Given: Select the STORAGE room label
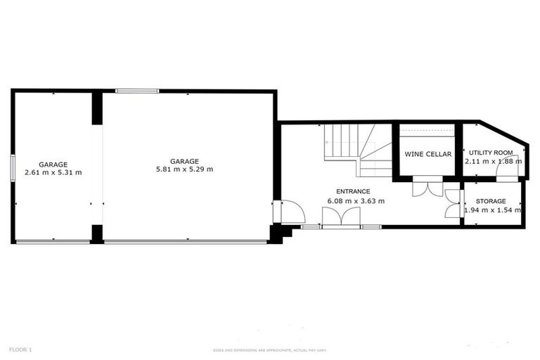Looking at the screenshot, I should click(x=491, y=201).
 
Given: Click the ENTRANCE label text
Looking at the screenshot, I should click(x=353, y=191).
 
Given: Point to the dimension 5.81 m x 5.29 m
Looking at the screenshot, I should click(x=184, y=169).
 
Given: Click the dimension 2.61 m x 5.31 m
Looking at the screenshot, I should click(x=53, y=172).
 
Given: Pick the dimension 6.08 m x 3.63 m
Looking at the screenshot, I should click(x=356, y=201).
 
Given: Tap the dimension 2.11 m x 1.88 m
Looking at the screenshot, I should click(x=493, y=161).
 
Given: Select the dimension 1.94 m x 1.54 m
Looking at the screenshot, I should click(x=493, y=210).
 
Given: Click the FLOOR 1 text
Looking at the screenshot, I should click(x=20, y=349).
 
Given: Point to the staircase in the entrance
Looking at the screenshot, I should click(x=358, y=149).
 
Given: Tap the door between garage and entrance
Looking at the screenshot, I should click(x=288, y=212).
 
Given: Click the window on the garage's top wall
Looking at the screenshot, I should click(x=137, y=91).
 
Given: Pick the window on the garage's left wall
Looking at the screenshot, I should click(x=13, y=167).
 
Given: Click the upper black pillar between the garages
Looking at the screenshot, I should click(x=97, y=108).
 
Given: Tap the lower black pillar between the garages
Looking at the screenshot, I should click(x=97, y=234).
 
